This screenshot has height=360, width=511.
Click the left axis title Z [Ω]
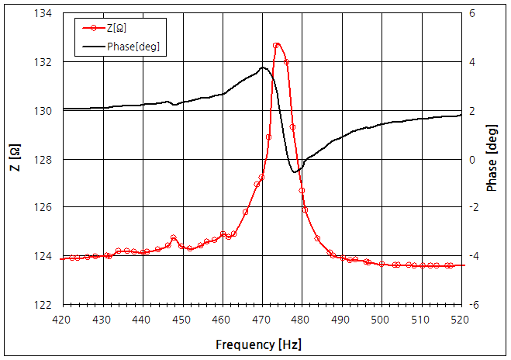tap(15, 158)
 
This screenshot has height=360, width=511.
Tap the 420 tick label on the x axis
tap(63, 319)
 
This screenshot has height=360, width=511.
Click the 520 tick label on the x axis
tap(461, 319)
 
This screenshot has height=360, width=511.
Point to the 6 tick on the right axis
tap(472, 14)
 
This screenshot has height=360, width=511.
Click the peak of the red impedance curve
tap(278, 45)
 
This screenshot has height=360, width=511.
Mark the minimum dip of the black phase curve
tap(295, 171)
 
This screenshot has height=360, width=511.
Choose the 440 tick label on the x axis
tap(143, 319)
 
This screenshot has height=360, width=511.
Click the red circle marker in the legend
tap(92, 29)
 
